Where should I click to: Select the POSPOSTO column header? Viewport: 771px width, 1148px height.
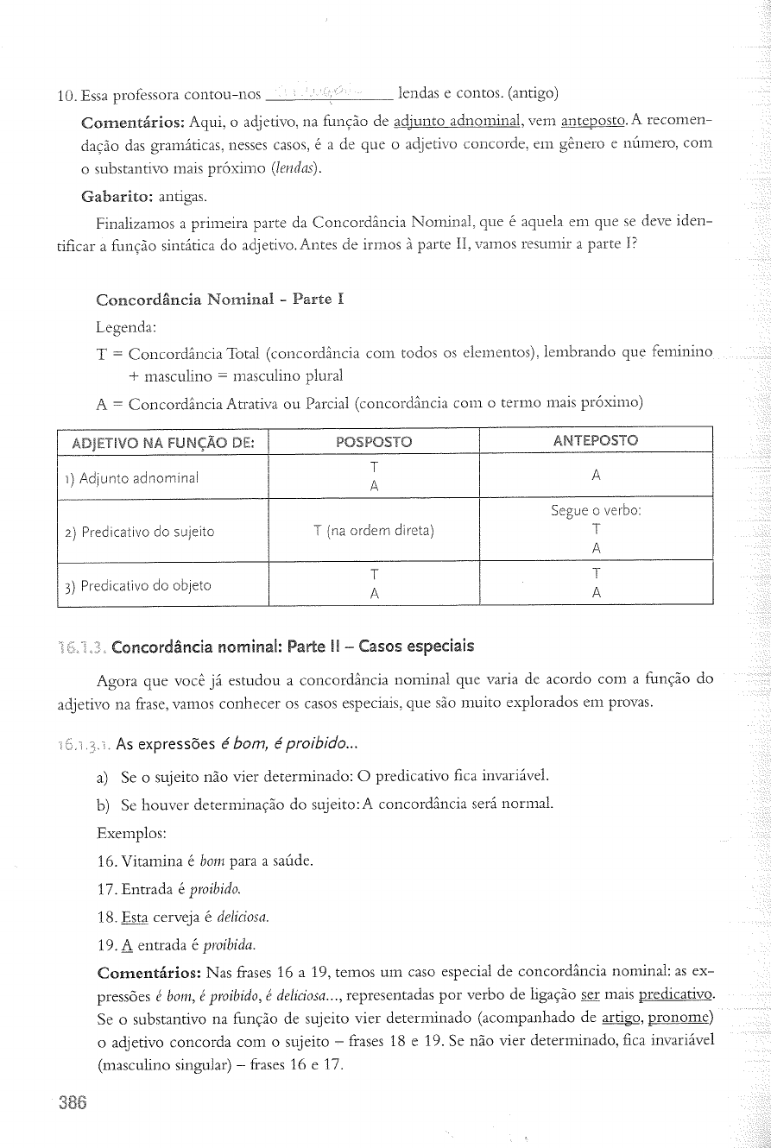(374, 442)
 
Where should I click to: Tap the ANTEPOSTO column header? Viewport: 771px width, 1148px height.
(595, 441)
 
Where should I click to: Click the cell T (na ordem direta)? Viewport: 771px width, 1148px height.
(374, 531)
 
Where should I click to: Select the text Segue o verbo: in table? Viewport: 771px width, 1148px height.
(595, 511)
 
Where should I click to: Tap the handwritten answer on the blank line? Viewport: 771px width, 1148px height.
(329, 93)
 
